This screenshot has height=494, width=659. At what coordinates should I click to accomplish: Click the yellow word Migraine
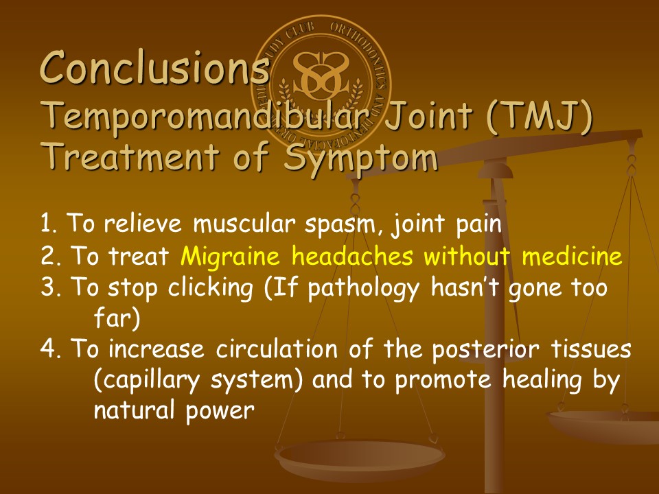[230, 256]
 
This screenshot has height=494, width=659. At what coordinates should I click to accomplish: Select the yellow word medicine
[572, 255]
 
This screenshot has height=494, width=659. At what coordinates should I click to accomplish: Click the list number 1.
[48, 224]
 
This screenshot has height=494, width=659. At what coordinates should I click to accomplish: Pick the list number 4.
[50, 349]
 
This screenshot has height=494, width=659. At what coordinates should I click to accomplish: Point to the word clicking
[211, 288]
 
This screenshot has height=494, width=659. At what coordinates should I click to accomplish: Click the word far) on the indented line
[117, 318]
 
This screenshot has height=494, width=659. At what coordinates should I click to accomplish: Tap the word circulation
[277, 349]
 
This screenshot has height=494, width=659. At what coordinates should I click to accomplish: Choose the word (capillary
[147, 381]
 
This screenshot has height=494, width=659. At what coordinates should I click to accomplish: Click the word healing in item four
[542, 381]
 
